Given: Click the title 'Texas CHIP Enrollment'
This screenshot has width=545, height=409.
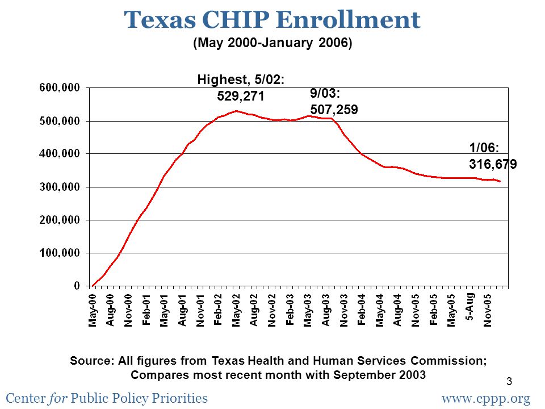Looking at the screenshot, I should pos(272,20).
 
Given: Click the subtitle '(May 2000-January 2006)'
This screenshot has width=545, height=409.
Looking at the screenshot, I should pos(272,43).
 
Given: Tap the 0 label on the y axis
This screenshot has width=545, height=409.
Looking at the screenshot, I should pos(76,286).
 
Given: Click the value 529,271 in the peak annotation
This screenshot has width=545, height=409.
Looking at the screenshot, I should pos(241,96).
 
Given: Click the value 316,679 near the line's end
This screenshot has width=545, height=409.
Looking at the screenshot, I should pos(492,165).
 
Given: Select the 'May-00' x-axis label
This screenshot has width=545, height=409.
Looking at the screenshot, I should pos(93,310).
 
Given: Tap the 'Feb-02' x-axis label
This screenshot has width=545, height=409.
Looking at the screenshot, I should pos(219,310).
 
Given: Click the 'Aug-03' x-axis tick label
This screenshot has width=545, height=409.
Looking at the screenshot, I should pos(326,310).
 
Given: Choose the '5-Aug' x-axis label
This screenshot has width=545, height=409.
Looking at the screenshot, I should pos(470,307).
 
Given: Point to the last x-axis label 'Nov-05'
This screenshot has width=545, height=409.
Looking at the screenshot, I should pos(488,310).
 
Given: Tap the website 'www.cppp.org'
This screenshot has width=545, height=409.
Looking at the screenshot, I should pos(485,398).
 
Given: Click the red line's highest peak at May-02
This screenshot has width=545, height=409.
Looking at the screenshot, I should pos(236,111).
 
